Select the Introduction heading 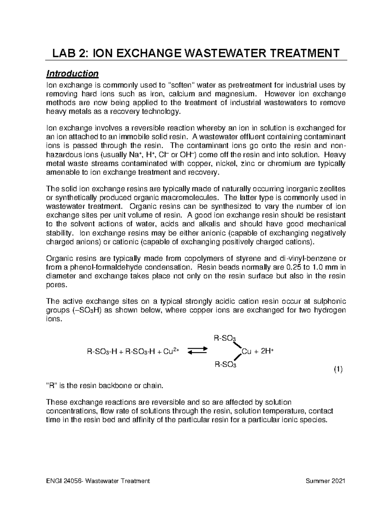pyautogui.click(x=72, y=73)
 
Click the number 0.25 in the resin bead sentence pyautogui.click(x=293, y=267)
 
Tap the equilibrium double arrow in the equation pyautogui.click(x=198, y=351)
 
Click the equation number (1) pyautogui.click(x=337, y=370)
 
